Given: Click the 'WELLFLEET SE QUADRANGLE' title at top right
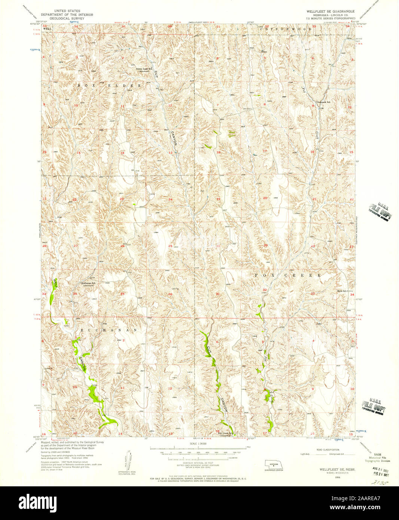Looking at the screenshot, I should tap(330, 12).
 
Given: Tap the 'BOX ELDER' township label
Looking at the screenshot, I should tap(109, 86).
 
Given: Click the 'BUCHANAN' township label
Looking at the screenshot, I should tap(109, 330).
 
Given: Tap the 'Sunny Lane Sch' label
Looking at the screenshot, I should tap(144, 68).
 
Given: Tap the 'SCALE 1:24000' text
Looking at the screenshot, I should tap(199, 444).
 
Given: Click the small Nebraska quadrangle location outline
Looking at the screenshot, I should tap(274, 464).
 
